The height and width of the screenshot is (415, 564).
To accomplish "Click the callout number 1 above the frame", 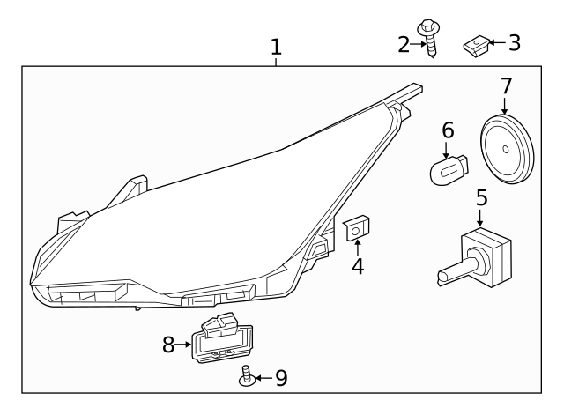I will click(276, 46).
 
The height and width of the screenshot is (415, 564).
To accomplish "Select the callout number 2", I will click(404, 43).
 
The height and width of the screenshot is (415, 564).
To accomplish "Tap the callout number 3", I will click(514, 41).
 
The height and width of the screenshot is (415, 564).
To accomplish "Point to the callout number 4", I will click(358, 265).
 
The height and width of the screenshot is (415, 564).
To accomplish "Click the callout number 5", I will click(481, 196).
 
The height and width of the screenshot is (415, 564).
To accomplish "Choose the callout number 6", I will click(448, 130).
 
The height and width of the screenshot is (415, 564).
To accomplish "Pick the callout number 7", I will click(506, 86).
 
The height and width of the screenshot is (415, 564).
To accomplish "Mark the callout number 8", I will click(169, 345).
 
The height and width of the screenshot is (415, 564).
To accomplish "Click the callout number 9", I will click(280, 378).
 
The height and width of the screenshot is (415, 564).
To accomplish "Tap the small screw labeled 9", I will click(246, 377).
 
